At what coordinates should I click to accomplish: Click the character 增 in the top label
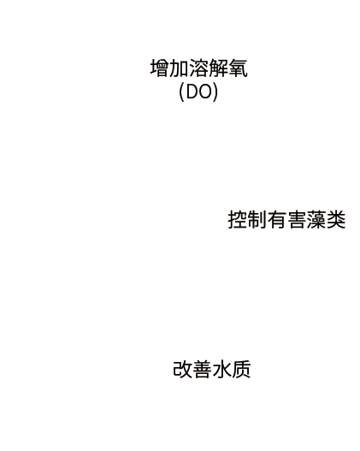[x=160, y=68]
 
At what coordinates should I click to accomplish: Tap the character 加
[x=180, y=68]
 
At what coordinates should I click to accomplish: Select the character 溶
[x=199, y=68]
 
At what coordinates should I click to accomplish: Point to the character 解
[x=218, y=68]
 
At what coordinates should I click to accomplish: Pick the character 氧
[x=238, y=68]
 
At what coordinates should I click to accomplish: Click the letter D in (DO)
[x=192, y=92]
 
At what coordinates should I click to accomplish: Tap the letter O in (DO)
[x=206, y=92]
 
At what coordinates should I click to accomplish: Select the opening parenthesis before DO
[x=182, y=92]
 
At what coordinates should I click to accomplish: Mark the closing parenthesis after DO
[x=215, y=92]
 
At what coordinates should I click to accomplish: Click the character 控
[x=238, y=220]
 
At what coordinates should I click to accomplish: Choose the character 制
[x=257, y=220]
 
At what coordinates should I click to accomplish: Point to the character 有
[x=277, y=220]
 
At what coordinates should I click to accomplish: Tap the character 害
[x=296, y=220]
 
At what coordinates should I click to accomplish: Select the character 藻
[x=316, y=220]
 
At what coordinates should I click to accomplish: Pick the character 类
[x=335, y=220]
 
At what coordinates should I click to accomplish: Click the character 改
[x=183, y=369]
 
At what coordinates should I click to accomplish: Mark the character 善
[x=203, y=369]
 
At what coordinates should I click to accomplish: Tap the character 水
[x=221, y=369]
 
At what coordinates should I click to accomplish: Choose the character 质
[x=241, y=369]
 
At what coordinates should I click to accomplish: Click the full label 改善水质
[x=212, y=369]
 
